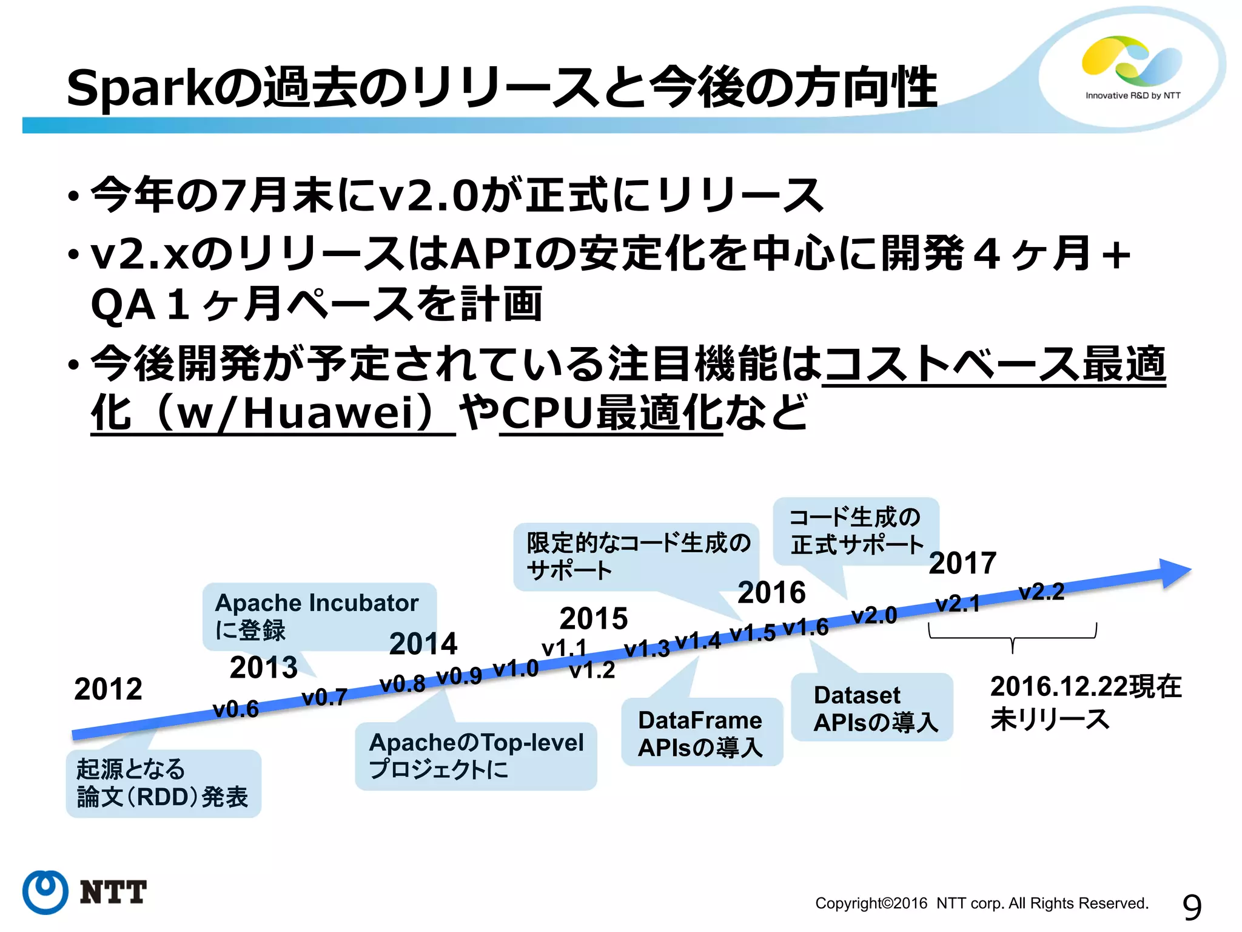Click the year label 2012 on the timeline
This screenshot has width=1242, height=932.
(108, 689)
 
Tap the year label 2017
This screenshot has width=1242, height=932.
(962, 563)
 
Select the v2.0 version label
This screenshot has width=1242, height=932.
(874, 615)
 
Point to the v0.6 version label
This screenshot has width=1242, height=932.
(235, 709)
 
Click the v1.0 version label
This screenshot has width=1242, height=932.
(515, 669)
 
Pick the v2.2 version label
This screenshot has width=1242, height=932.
(1041, 592)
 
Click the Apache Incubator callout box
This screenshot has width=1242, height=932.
(319, 616)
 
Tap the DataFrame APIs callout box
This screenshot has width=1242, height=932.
(702, 732)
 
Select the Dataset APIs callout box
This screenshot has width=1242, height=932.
(871, 707)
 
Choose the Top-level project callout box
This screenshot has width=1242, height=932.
(475, 755)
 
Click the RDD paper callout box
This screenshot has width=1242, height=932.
(163, 783)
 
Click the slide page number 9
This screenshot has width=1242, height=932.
(1191, 908)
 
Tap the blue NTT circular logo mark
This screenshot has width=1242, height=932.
(45, 892)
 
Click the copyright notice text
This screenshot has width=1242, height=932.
(981, 903)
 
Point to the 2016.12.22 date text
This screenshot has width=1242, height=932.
(1086, 687)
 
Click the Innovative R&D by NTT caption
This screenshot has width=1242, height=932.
(1132, 95)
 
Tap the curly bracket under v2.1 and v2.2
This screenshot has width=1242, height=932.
(1012, 638)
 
